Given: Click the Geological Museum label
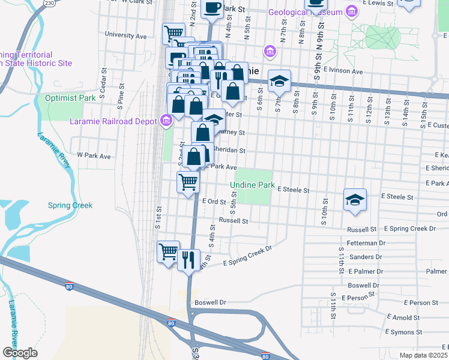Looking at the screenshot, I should (x=306, y=12).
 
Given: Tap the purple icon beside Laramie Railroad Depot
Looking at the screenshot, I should (x=166, y=121).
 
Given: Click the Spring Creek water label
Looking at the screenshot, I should (x=70, y=205).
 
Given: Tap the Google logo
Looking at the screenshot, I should (x=20, y=353).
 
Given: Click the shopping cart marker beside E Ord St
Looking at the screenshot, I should (x=188, y=182).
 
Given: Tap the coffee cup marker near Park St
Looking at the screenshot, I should (x=212, y=8).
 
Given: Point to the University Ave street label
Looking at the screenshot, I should (x=125, y=35).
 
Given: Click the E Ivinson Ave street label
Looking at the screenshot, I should (x=343, y=71).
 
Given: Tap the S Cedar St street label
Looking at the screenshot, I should (x=103, y=88).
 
